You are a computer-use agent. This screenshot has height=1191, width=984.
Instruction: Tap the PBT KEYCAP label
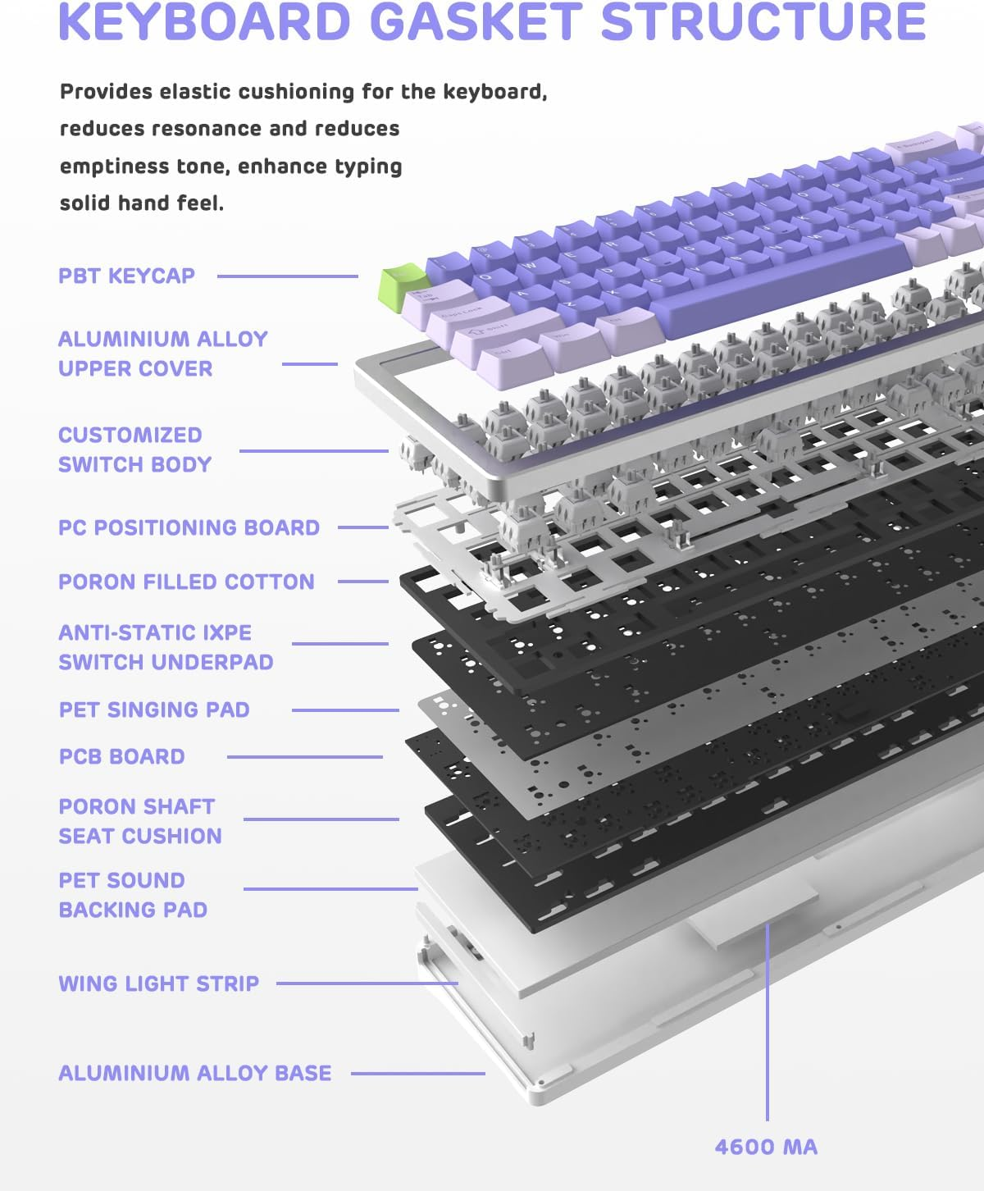pyautogui.click(x=126, y=276)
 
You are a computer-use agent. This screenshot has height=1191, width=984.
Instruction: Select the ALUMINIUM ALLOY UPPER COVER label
pyautogui.click(x=162, y=354)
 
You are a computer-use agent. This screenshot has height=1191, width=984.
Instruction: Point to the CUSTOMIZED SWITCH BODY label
pyautogui.click(x=134, y=449)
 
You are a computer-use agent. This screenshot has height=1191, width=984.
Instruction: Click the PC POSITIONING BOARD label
pyautogui.click(x=189, y=527)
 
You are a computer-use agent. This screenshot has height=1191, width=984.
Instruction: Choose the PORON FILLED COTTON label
pyautogui.click(x=186, y=582)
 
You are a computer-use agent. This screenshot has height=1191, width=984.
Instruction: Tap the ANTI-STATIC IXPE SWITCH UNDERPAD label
pyautogui.click(x=166, y=647)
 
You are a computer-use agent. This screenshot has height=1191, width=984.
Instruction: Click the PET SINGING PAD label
pyautogui.click(x=154, y=710)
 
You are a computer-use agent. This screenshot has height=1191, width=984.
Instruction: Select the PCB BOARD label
pyautogui.click(x=121, y=756)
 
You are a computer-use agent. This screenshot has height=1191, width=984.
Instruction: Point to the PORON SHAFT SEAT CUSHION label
pyautogui.click(x=139, y=821)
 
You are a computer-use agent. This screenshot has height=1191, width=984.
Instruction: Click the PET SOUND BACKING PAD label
pyautogui.click(x=133, y=895)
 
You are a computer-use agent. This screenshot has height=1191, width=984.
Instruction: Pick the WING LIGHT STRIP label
pyautogui.click(x=158, y=983)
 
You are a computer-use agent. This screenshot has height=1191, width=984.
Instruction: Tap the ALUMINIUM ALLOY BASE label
pyautogui.click(x=194, y=1073)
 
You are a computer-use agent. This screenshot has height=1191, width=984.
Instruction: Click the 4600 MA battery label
pyautogui.click(x=766, y=1147)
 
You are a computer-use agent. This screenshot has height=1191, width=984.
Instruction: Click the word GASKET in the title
pyautogui.click(x=480, y=22)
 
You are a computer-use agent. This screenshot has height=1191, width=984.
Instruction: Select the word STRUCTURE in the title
pyautogui.click(x=763, y=22)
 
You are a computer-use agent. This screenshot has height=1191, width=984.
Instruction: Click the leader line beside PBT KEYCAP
pyautogui.click(x=287, y=276)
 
